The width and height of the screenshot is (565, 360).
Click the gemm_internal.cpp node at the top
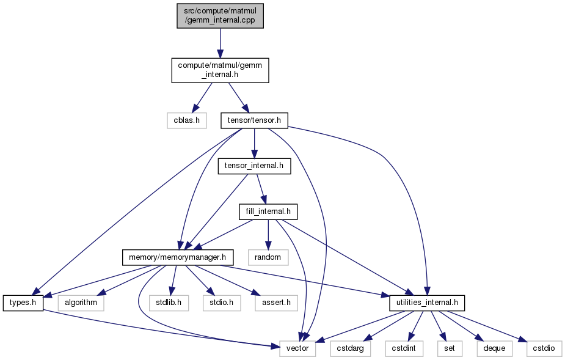[220, 16]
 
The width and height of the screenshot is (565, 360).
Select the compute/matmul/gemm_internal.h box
[220, 70]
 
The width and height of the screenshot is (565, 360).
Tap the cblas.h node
[187, 120]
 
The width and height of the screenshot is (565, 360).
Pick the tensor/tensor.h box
[254, 120]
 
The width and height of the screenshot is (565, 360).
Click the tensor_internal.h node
[254, 166]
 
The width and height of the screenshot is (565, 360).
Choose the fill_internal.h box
[268, 211]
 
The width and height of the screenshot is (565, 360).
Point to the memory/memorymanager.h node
[178, 257]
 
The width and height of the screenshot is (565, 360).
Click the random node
[268, 257]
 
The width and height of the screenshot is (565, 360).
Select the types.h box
[23, 303]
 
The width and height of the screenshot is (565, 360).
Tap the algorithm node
[81, 303]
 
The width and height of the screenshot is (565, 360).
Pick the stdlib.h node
[169, 303]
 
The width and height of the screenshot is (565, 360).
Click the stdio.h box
[221, 303]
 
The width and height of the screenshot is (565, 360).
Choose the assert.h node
[276, 303]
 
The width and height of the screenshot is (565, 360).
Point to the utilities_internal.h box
[427, 303]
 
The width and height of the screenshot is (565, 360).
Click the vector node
[297, 349]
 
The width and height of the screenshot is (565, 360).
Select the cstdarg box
[350, 349]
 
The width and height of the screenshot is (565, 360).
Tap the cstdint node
[404, 349]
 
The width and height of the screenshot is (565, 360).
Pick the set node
[450, 349]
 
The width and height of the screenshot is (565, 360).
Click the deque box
[494, 349]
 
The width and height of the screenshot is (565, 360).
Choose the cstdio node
[544, 349]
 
